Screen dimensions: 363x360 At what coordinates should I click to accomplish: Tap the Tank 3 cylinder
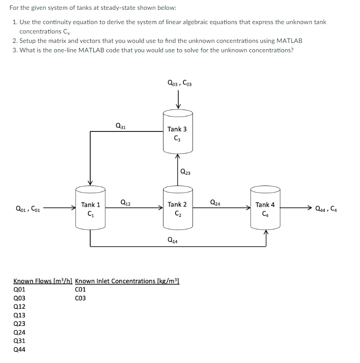177,133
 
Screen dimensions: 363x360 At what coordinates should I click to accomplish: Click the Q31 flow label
120,126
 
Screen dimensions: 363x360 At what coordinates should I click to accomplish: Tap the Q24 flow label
214,202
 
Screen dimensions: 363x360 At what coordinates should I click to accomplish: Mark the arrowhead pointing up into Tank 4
265,232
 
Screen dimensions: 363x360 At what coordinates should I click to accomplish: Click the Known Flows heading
43,281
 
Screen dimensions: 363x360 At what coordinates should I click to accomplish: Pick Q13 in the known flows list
20,315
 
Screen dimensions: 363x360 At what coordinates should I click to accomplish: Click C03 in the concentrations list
80,298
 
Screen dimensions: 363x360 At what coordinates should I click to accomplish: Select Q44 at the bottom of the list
20,350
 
